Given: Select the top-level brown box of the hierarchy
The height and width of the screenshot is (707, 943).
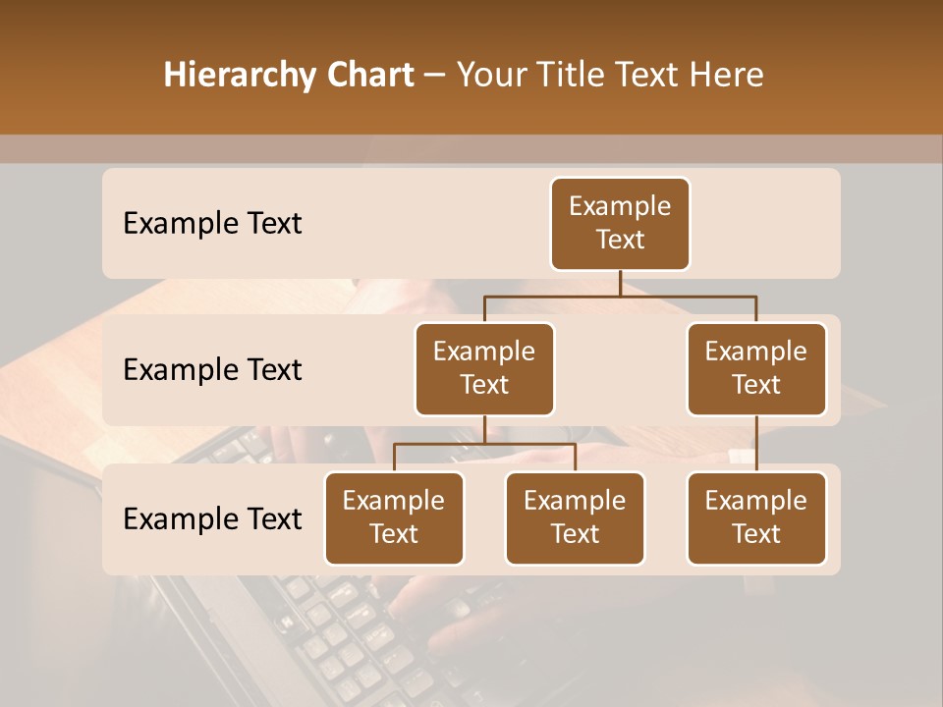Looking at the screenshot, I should click(x=620, y=223).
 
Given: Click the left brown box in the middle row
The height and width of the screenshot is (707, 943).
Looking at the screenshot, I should click(x=484, y=368).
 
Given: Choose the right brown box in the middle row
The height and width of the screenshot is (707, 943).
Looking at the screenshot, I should click(x=756, y=368).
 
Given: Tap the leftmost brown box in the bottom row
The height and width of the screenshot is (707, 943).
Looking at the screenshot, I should click(x=394, y=517).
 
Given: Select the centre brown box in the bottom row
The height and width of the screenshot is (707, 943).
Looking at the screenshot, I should click(x=575, y=517).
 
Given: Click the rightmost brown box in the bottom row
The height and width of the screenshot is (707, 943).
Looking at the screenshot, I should click(x=756, y=517).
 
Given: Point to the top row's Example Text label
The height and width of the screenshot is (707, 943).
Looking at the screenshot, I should click(x=212, y=223).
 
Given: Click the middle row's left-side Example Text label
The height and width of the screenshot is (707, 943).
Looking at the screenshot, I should click(x=212, y=369).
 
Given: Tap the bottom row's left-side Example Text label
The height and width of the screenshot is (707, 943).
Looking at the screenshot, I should click(x=212, y=518).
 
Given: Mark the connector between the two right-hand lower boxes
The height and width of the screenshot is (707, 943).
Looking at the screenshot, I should click(x=756, y=444).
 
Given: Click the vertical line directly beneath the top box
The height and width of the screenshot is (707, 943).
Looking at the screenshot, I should click(x=620, y=283).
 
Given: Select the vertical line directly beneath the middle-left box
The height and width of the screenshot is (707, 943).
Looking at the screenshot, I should click(x=484, y=429).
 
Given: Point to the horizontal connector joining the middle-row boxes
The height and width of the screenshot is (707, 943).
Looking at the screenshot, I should click(x=620, y=296).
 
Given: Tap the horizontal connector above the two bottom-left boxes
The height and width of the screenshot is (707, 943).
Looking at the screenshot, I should click(x=484, y=444).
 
